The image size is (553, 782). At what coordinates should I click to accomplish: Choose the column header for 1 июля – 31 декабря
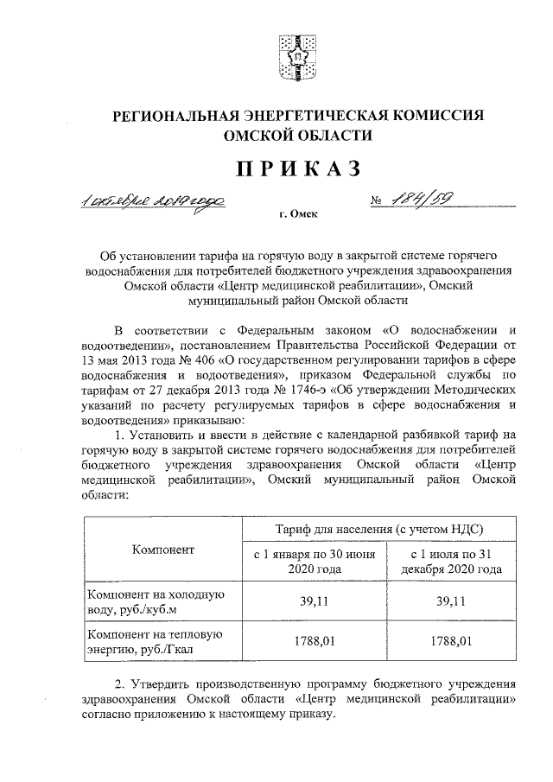(450, 562)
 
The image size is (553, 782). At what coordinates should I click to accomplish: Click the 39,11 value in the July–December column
(450, 603)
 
